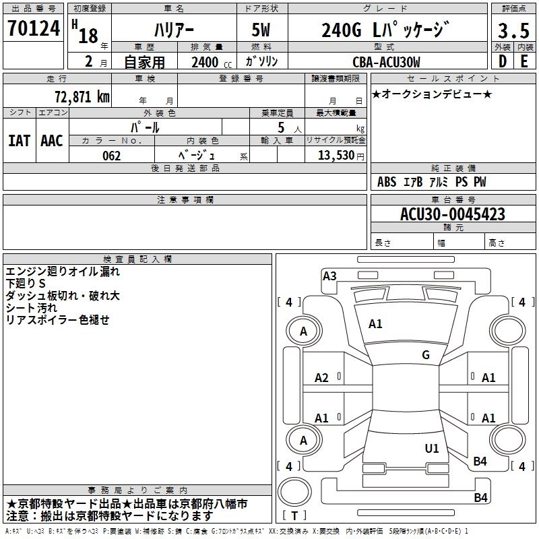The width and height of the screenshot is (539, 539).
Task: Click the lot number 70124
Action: pos(34,30)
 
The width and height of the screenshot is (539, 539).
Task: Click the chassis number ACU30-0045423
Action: pos(453,214)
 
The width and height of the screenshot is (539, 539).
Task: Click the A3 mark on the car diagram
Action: pos(329,276)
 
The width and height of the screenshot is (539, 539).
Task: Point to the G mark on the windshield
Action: pos(425,355)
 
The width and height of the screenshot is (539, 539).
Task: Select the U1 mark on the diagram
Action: pos(432,448)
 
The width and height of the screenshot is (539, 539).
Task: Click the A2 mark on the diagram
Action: pos(322,378)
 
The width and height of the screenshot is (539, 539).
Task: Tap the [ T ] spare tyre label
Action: pos(294,516)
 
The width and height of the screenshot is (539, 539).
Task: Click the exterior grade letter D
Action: pos(502,61)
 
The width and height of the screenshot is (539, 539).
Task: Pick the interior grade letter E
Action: pos(525,61)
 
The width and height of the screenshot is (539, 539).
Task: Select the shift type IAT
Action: pos(19,141)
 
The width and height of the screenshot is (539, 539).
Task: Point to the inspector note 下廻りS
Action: pos(26,284)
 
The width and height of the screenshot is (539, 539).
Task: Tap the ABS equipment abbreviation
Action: pos(387,182)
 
